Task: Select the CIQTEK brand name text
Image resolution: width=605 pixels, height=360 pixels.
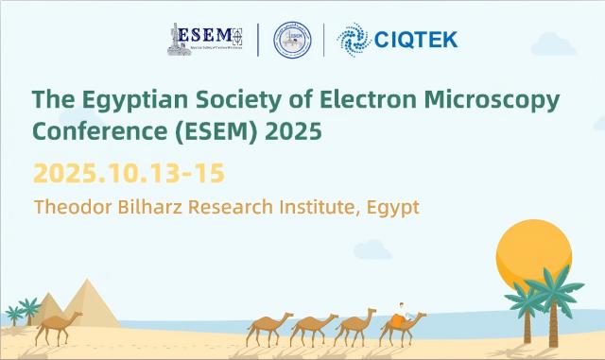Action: (416, 40)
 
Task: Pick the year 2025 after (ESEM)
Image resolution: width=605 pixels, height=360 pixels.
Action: (292, 131)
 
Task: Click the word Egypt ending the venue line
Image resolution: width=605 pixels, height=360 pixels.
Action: (391, 207)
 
